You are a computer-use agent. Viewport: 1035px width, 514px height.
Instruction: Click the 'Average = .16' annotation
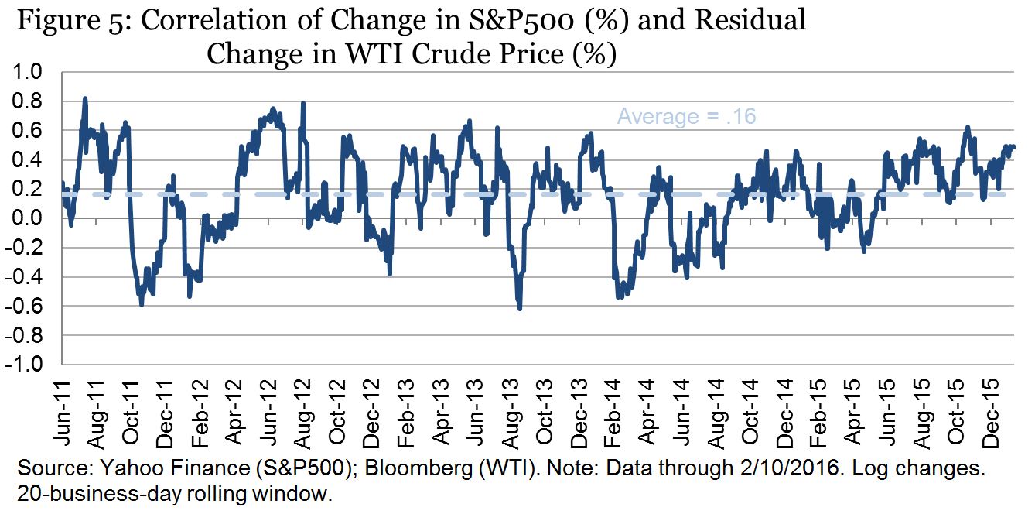pos(686,117)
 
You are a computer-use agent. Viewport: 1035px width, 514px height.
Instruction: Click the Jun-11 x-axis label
pos(63,413)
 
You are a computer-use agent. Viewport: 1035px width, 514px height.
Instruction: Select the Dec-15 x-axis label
pos(989,413)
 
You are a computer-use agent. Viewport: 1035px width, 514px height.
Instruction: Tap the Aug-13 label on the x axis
pos(508,413)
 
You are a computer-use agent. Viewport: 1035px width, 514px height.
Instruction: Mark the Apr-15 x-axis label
pos(851,413)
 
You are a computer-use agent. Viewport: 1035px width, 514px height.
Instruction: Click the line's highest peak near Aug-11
pos(84,98)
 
